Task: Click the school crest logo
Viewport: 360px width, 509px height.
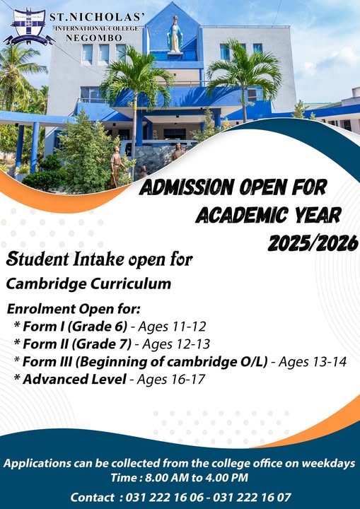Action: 29,28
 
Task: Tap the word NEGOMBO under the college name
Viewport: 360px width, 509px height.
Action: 94,38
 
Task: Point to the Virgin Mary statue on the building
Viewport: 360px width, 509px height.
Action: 175,34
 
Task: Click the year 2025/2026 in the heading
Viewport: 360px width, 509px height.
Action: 313,242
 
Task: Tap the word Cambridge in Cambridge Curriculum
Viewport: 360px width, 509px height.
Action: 46,284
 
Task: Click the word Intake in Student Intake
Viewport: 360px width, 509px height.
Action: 98,259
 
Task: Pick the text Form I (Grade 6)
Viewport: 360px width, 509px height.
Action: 75,327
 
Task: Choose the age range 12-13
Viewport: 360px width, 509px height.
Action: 192,344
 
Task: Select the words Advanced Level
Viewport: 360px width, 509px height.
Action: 74,379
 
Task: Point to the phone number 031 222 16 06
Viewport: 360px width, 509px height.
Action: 165,497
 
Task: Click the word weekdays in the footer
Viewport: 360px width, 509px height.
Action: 328,463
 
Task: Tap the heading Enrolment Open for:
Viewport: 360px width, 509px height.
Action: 74,309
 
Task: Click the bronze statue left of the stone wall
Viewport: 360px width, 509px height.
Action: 116,166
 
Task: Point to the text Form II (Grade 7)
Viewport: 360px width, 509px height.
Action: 77,344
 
